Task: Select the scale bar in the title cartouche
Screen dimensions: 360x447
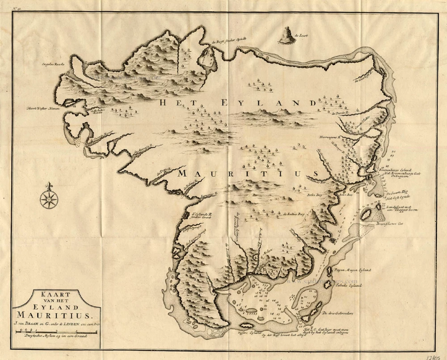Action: tap(56, 331)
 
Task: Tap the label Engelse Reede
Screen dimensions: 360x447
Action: tap(53, 64)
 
